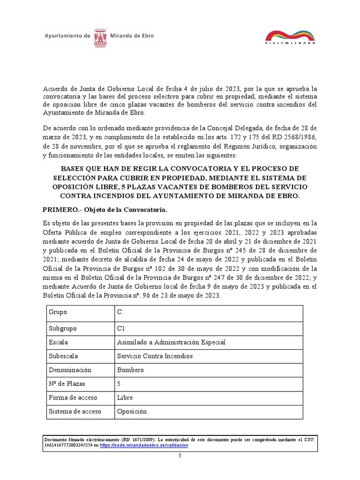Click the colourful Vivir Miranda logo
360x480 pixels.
coord(290,37)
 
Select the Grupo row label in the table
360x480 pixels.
coord(58,312)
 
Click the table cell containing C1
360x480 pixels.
coord(121,329)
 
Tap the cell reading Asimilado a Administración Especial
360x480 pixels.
coord(171,342)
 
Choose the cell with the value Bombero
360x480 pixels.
coord(130,370)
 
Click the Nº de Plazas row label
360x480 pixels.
coord(67,384)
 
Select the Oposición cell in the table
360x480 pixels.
coord(132,412)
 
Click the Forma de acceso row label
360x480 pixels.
coord(73,397)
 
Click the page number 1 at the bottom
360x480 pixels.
coord(180,456)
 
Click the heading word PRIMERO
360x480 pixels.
coord(61,209)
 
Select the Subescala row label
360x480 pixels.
coord(64,356)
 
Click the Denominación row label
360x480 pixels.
coord(70,370)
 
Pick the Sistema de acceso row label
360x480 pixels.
coord(75,412)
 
